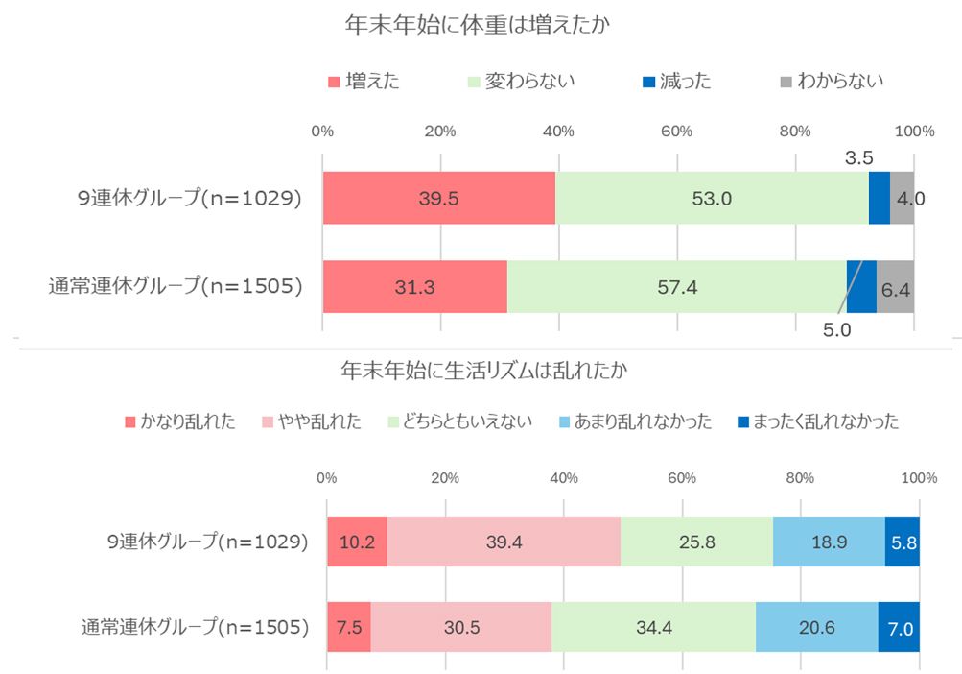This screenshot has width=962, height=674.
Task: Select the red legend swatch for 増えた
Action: (x=334, y=82)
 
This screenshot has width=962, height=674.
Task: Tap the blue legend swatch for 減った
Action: (x=648, y=82)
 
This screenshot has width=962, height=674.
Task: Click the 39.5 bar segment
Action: (x=438, y=199)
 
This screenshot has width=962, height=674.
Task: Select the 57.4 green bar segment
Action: (x=676, y=286)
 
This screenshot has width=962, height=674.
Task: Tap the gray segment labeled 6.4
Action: (x=896, y=286)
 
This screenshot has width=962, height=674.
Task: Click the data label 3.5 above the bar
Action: (x=857, y=156)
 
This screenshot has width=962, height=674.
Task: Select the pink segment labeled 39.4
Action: (x=504, y=542)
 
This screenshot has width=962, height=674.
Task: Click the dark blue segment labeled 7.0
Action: (x=900, y=629)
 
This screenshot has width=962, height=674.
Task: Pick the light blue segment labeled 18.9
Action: (x=829, y=542)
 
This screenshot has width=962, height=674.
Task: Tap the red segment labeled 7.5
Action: (x=348, y=629)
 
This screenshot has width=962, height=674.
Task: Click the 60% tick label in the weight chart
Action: (x=677, y=132)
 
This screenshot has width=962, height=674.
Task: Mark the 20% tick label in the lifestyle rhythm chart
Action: (x=444, y=478)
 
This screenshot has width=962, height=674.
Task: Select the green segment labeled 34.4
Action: (x=653, y=629)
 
